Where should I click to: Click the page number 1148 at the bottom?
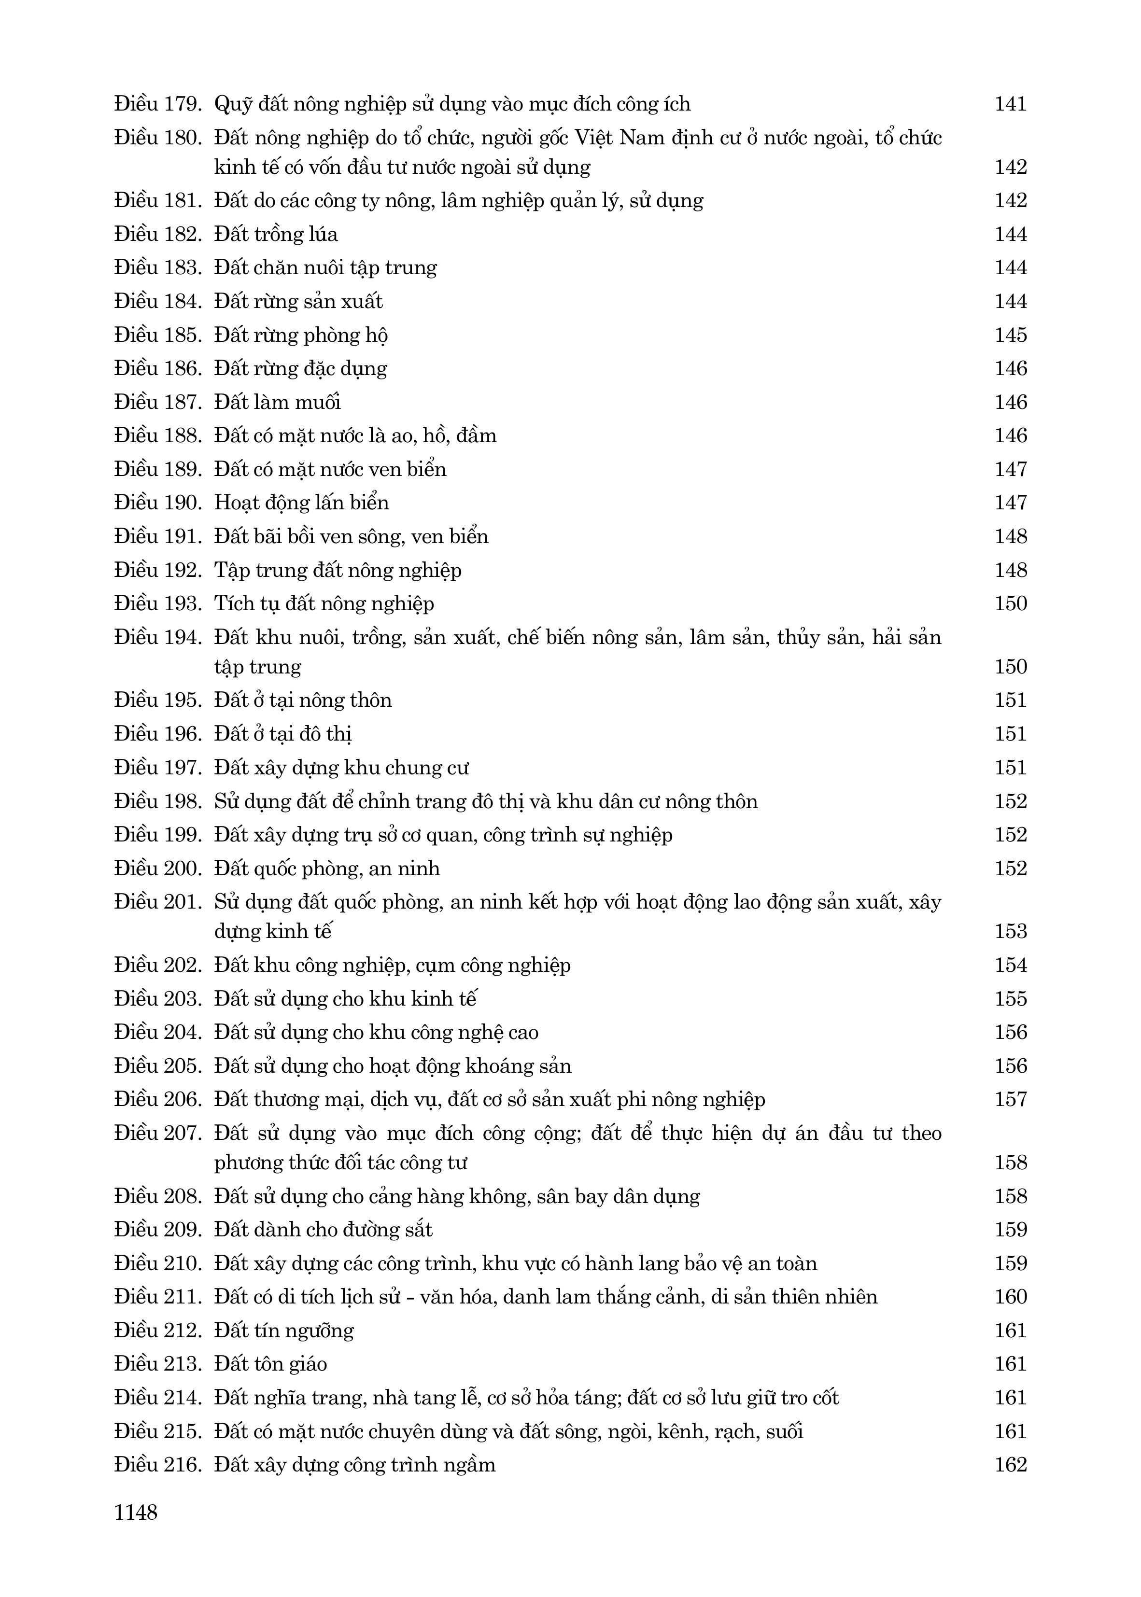[136, 1512]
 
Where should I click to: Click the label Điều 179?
[158, 104]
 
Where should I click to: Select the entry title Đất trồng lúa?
[276, 234]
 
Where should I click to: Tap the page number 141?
[1010, 104]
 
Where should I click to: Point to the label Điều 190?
[158, 503]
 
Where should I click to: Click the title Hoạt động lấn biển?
[301, 503]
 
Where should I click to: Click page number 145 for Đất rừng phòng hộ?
[1010, 335]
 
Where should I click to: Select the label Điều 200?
[158, 869]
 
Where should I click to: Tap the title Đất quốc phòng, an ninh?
[327, 869]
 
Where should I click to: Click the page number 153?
[1010, 931]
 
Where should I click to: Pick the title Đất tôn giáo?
[270, 1364]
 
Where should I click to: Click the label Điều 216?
[158, 1465]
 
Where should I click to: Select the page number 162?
[1010, 1465]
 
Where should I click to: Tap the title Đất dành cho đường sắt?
[323, 1230]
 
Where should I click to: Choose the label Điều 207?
[158, 1134]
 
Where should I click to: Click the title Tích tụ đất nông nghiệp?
[324, 604]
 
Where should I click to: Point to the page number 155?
[1010, 999]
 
